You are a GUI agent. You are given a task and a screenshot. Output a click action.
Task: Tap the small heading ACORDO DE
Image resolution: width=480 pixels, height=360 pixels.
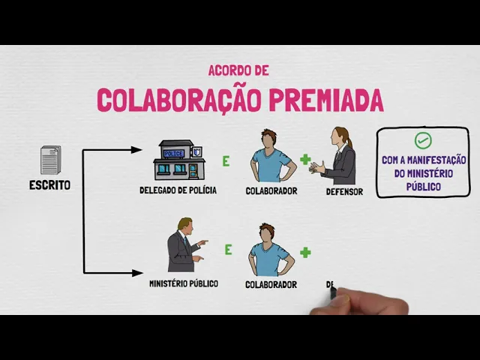(x=238, y=71)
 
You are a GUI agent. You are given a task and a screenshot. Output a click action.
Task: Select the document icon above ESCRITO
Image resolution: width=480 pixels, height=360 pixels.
(x=50, y=160)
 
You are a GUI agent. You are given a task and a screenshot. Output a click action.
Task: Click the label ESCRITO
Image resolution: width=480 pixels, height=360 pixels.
(x=50, y=185)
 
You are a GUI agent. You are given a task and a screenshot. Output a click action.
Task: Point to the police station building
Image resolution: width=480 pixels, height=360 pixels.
(x=178, y=160)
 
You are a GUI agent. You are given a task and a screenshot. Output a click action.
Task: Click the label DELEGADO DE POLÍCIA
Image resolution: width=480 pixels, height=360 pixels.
(x=178, y=190)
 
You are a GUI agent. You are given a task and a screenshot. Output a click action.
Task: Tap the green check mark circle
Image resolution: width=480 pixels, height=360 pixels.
(x=423, y=140)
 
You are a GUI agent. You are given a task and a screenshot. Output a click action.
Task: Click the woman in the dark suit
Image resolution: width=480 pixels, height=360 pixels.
(x=340, y=157)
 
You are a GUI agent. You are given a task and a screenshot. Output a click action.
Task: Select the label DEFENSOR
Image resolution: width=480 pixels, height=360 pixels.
(x=344, y=192)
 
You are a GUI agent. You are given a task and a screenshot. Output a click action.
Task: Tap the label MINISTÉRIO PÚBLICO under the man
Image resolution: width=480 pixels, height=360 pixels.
(x=184, y=284)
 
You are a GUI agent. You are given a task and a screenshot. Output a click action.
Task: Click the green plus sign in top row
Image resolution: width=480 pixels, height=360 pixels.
(x=305, y=159)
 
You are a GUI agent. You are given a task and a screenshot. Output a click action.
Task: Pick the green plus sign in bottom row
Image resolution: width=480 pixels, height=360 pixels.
(x=305, y=252)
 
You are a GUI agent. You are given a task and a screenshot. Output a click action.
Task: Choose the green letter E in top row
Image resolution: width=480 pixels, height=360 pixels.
(x=225, y=160)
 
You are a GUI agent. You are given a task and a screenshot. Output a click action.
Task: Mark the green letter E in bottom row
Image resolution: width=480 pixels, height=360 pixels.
(x=228, y=250)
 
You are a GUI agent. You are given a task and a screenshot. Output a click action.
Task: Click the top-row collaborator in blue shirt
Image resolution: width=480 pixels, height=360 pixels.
(x=271, y=157)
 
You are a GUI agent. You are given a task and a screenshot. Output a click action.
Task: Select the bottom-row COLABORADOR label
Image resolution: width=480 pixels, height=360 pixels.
(x=271, y=285)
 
